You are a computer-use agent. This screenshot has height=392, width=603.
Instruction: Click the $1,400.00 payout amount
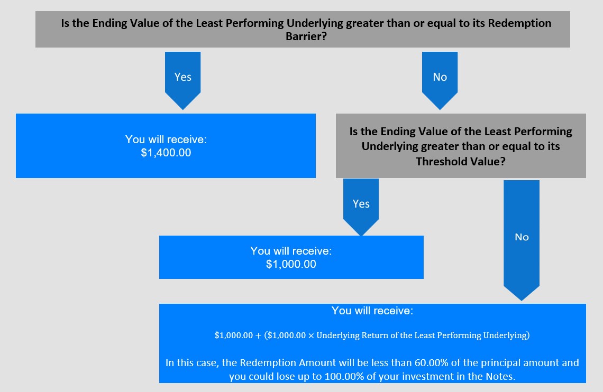(x=166, y=153)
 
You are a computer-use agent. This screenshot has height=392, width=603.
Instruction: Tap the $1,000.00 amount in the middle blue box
(x=291, y=264)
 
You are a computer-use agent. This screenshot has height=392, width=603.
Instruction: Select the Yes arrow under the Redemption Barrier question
(x=182, y=81)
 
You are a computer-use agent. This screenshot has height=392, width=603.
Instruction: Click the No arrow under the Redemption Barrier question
(x=440, y=81)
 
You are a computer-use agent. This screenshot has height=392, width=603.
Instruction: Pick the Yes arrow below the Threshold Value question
(x=361, y=207)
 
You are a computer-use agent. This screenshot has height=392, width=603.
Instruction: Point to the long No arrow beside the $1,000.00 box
(x=522, y=240)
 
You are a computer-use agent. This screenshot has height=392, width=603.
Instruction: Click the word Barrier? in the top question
(x=306, y=36)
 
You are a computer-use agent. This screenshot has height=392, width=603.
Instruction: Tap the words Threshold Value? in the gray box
(x=461, y=161)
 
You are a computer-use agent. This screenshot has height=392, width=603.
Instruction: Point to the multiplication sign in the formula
(x=311, y=335)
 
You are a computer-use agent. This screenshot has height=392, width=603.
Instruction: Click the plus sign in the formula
(x=258, y=335)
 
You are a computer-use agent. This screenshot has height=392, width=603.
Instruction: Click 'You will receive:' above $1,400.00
(x=166, y=139)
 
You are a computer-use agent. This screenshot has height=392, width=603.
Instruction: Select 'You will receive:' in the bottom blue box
(x=372, y=311)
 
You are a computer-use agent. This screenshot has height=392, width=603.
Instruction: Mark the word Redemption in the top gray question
(x=519, y=23)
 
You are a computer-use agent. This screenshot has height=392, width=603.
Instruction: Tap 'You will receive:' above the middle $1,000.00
(x=291, y=251)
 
